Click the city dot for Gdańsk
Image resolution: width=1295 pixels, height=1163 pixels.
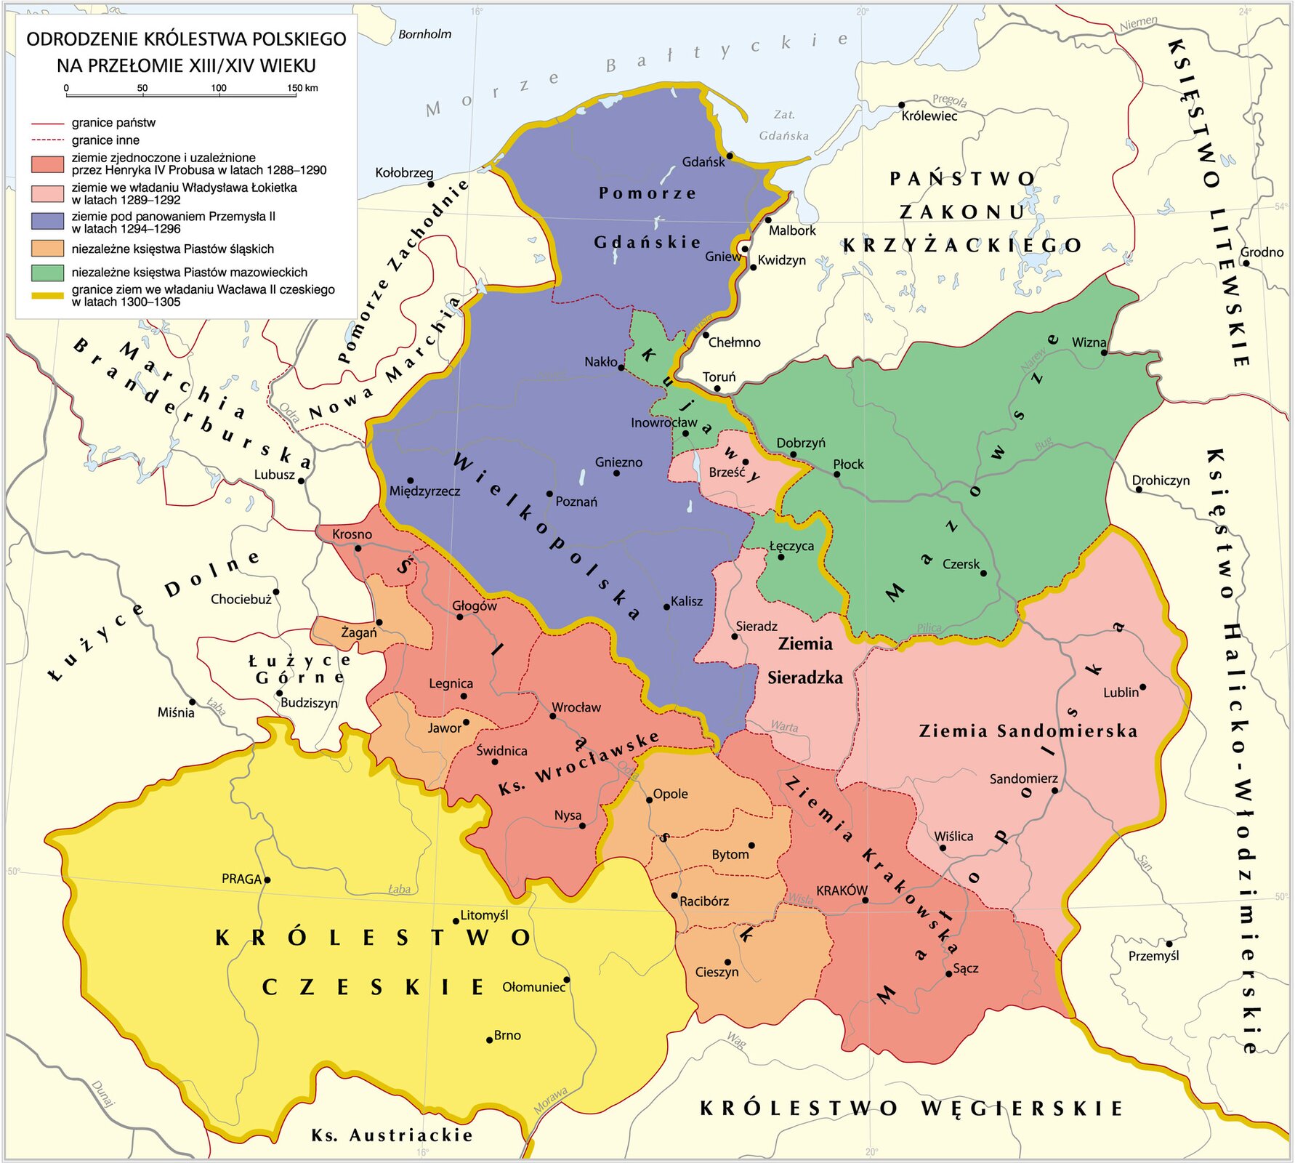click(x=730, y=155)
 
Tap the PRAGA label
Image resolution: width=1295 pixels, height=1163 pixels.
click(x=241, y=879)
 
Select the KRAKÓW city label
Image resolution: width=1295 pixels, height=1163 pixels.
click(x=842, y=890)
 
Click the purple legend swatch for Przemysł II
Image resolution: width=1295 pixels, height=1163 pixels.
click(x=47, y=222)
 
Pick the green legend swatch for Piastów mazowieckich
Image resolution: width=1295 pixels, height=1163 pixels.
click(x=47, y=273)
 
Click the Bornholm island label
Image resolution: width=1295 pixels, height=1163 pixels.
click(x=424, y=34)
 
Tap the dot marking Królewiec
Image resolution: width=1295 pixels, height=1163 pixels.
click(x=902, y=105)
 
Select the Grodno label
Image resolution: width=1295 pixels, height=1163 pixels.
click(x=1262, y=252)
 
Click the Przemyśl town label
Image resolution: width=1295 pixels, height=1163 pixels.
click(x=1153, y=956)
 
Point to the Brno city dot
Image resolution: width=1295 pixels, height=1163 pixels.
click(x=490, y=1039)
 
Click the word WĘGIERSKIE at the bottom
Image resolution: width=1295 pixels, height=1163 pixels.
click(x=1022, y=1108)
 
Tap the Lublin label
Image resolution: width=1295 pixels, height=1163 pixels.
click(x=1121, y=693)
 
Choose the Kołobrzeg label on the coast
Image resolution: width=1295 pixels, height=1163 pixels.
click(x=404, y=173)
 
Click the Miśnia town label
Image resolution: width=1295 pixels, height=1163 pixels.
click(x=176, y=712)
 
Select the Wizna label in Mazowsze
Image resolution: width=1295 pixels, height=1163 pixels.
click(x=1089, y=342)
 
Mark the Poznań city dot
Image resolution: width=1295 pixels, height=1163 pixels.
click(x=549, y=494)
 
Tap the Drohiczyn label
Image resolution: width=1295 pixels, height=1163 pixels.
click(x=1161, y=480)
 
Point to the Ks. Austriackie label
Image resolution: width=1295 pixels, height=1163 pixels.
click(x=392, y=1135)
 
